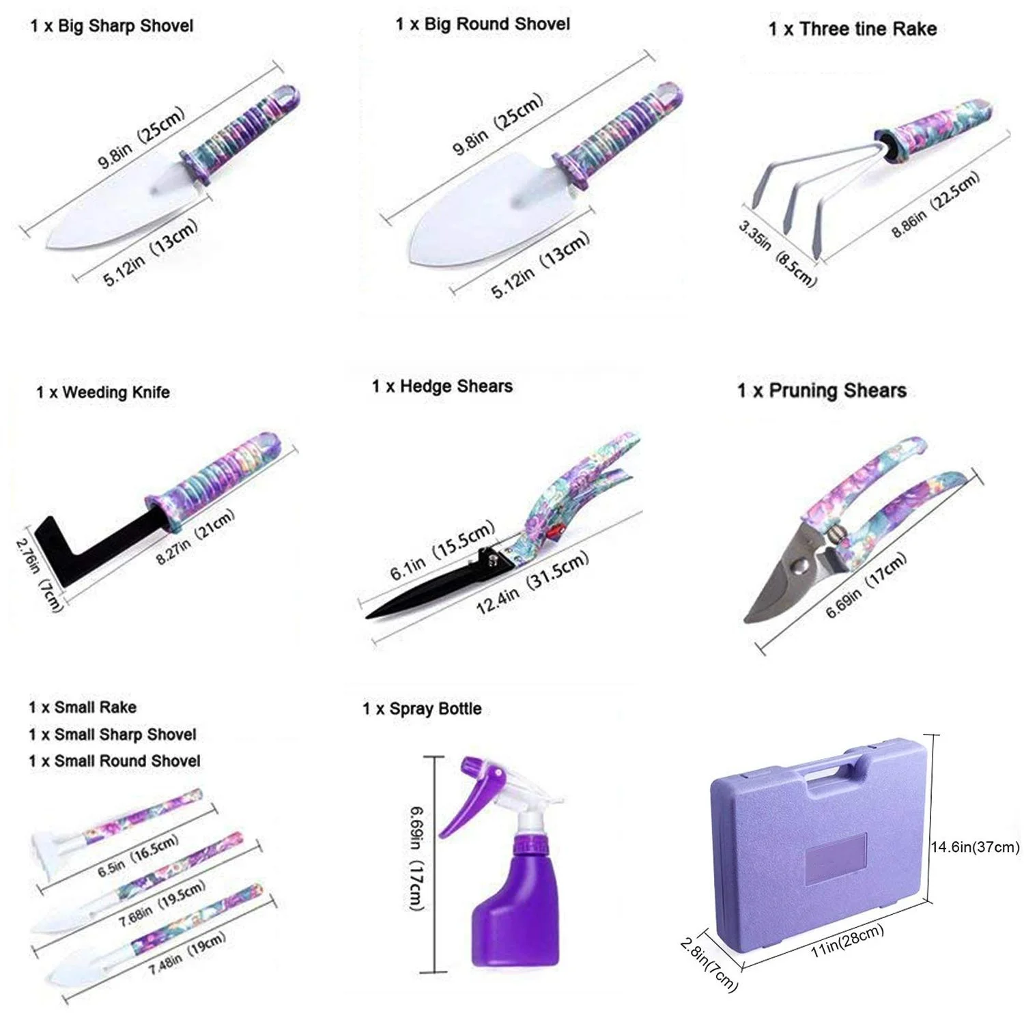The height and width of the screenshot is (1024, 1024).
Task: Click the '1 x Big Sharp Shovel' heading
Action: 112,26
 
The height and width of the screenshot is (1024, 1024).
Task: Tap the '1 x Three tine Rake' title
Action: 852,29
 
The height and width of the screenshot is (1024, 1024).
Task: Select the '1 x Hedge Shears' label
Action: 442,386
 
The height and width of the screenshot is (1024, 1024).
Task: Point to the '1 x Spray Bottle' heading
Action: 422,709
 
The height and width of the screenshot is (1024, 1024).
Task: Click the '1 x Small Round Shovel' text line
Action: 115,760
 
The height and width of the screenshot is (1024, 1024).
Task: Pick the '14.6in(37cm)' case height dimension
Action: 975,847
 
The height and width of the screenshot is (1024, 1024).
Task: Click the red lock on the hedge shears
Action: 556,531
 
